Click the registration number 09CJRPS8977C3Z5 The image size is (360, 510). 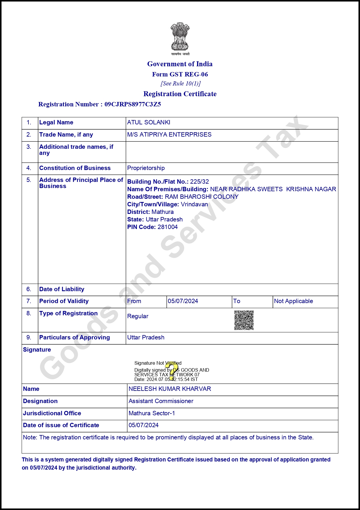(x=133, y=104)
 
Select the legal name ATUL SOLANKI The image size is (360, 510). (x=149, y=122)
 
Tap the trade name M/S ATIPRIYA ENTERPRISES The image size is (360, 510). (x=169, y=135)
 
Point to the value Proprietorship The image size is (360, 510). (x=146, y=168)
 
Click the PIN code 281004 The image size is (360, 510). (x=168, y=227)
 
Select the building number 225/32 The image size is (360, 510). (x=199, y=182)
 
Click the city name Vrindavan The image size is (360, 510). (x=194, y=204)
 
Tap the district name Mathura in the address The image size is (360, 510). (x=163, y=212)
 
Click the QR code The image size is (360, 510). (x=244, y=320)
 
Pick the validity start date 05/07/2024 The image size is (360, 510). (x=183, y=301)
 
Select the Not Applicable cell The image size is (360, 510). (x=294, y=301)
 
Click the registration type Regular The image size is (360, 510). (x=138, y=316)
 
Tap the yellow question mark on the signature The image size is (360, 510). (x=172, y=371)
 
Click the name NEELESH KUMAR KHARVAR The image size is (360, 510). (x=170, y=389)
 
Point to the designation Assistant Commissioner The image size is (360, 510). (x=161, y=401)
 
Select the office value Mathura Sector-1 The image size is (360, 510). (x=152, y=413)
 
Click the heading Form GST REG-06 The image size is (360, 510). (x=180, y=74)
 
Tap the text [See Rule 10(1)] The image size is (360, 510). (x=181, y=84)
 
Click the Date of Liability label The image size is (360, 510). (x=62, y=289)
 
